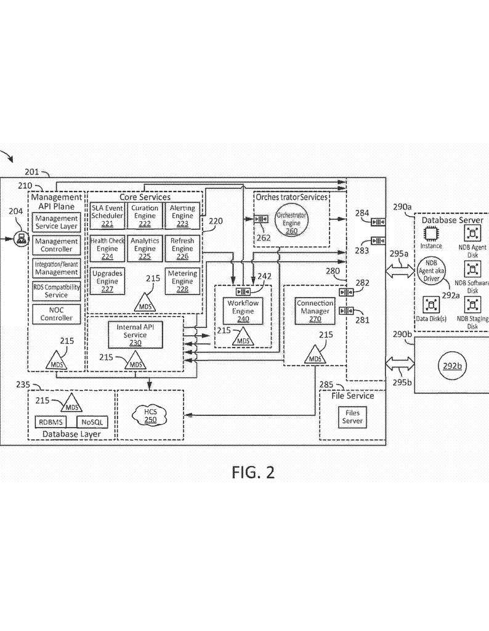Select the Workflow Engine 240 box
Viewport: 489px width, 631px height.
point(241,311)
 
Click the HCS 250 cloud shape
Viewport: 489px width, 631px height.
point(150,415)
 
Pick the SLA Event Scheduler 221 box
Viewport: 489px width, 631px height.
point(107,216)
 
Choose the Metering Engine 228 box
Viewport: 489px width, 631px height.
point(182,281)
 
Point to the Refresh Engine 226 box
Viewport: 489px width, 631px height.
point(182,248)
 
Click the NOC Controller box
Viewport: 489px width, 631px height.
point(57,314)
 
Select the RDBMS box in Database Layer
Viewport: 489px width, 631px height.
point(51,422)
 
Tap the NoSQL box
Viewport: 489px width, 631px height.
point(91,422)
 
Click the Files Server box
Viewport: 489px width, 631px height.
point(353,417)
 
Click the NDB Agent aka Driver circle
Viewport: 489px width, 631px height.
point(431,271)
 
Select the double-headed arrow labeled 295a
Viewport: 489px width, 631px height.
point(400,269)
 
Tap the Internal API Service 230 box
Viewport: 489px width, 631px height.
point(135,334)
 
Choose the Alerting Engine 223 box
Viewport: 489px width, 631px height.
point(182,216)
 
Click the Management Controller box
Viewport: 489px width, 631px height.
point(57,245)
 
